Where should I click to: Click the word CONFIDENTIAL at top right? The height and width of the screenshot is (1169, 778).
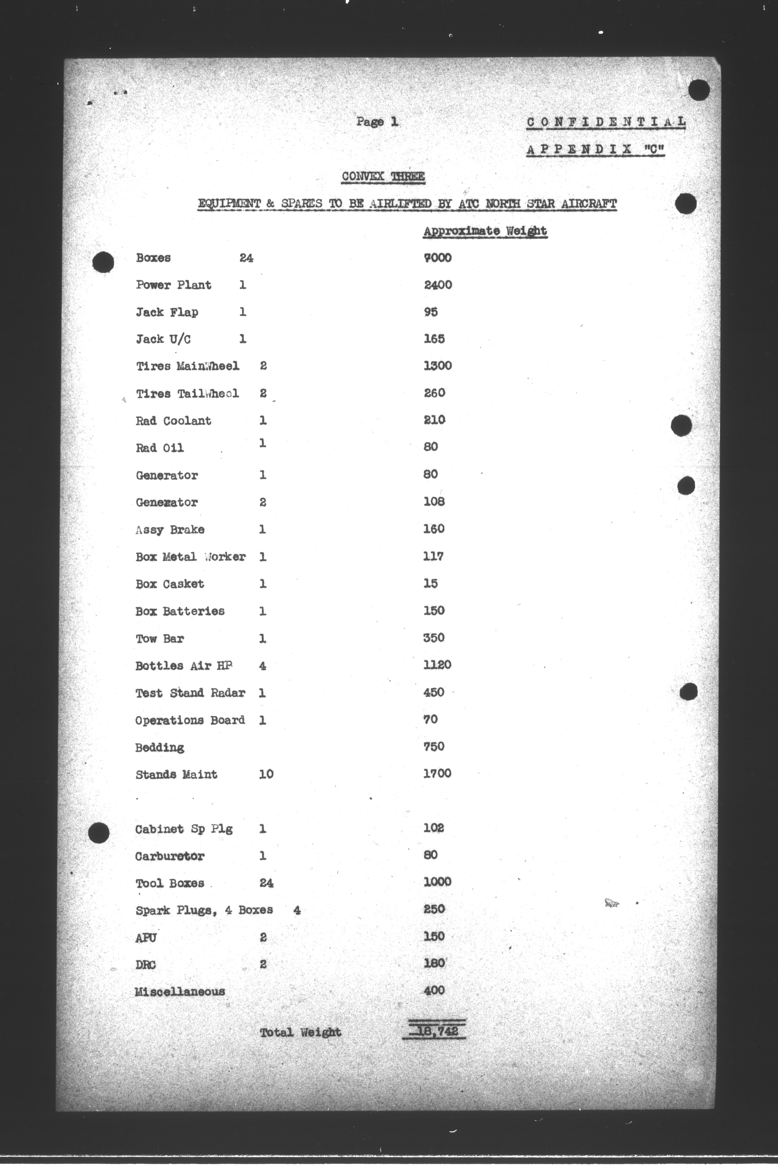click(x=606, y=122)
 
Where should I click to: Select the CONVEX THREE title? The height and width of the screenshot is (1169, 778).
click(x=383, y=177)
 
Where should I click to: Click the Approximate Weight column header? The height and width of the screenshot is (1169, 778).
click(x=485, y=231)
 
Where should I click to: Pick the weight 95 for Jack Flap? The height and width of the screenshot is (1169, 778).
click(x=431, y=312)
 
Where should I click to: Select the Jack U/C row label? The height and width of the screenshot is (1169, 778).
click(x=163, y=339)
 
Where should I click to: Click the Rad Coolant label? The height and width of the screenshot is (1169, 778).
click(x=174, y=421)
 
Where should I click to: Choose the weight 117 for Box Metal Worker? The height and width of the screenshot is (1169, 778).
click(x=433, y=556)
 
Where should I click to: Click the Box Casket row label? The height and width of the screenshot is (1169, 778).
click(x=170, y=584)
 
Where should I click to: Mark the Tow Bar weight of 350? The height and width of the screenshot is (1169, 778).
click(x=434, y=638)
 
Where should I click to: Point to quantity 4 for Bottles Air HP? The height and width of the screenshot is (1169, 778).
click(x=262, y=666)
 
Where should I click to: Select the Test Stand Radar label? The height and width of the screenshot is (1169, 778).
click(x=190, y=693)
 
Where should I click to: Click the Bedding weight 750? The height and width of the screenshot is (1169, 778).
click(x=434, y=747)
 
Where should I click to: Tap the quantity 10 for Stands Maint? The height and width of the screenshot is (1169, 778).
click(x=266, y=774)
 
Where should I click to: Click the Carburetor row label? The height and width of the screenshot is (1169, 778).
click(x=170, y=856)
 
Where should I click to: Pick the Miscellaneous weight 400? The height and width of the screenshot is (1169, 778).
click(x=434, y=990)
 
